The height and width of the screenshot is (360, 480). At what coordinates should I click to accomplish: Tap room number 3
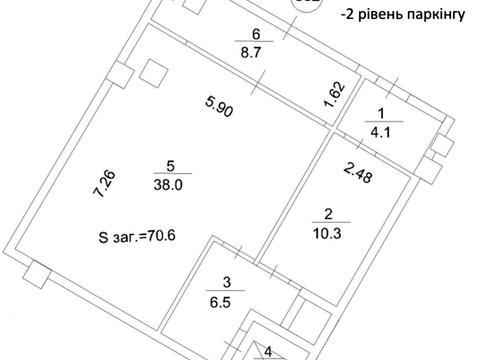click(229, 282)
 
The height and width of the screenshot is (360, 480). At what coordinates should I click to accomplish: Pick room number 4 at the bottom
click(269, 351)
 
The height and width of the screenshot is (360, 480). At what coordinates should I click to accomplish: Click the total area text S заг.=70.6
click(139, 238)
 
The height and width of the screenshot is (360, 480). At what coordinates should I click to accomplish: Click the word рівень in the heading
click(375, 15)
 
